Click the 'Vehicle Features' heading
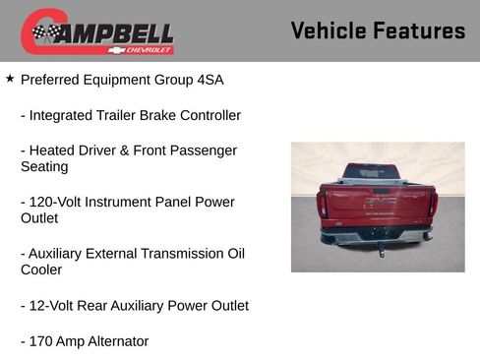(x=378, y=30)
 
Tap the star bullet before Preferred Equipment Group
(x=10, y=78)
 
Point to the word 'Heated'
(x=54, y=150)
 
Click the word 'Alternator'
(x=116, y=341)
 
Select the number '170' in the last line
(x=43, y=341)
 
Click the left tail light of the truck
(x=322, y=204)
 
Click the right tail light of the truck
(x=432, y=204)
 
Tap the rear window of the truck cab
(x=371, y=171)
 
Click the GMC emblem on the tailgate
(x=379, y=201)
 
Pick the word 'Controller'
(x=205, y=115)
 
